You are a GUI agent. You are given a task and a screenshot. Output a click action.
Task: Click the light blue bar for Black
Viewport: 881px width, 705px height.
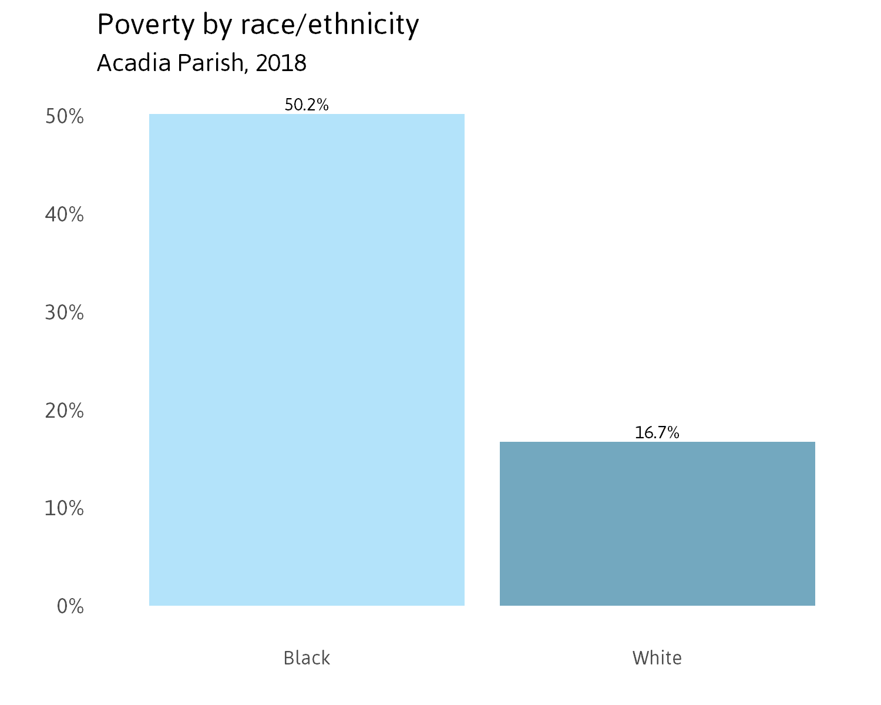click(307, 360)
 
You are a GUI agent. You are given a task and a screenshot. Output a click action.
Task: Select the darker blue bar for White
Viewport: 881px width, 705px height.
click(657, 523)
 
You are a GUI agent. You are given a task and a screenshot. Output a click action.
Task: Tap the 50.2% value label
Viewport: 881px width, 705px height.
click(307, 105)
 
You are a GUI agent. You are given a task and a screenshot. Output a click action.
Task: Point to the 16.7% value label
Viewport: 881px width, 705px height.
click(657, 433)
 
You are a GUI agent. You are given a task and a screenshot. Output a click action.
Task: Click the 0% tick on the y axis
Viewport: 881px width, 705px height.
click(70, 606)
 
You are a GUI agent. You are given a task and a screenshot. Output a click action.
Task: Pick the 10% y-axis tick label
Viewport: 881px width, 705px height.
click(65, 509)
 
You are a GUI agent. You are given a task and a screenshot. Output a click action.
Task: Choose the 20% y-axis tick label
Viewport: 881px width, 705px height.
click(65, 411)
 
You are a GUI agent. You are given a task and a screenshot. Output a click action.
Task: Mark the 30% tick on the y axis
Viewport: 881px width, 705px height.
click(65, 313)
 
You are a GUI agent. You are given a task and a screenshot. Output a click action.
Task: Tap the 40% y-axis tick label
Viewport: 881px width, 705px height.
click(65, 215)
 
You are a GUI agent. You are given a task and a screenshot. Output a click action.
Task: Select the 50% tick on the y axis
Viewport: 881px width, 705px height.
click(65, 117)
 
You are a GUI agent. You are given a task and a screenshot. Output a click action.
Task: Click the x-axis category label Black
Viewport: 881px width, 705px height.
click(307, 658)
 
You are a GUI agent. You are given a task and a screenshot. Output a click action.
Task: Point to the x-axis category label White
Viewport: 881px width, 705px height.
click(657, 658)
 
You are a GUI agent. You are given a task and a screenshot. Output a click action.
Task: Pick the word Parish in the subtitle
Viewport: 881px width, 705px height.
click(211, 63)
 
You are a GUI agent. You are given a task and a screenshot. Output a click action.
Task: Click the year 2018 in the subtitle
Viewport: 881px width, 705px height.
click(281, 63)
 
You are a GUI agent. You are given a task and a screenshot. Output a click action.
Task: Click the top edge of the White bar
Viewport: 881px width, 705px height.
click(657, 442)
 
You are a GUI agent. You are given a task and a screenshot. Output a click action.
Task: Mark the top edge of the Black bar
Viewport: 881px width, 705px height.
click(307, 114)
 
